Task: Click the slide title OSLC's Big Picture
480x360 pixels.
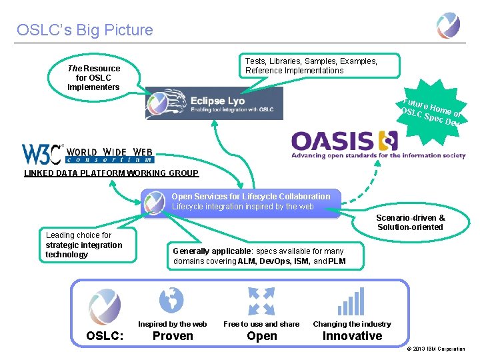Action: click(85, 30)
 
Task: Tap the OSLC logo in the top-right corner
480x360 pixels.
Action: click(448, 25)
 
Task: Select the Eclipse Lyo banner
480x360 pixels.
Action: click(214, 104)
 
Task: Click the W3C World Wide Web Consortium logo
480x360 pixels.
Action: click(87, 154)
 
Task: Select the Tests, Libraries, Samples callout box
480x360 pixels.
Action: click(322, 66)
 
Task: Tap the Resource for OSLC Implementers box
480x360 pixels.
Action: click(94, 78)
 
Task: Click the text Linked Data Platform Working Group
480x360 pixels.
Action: click(111, 173)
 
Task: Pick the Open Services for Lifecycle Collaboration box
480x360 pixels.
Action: click(241, 201)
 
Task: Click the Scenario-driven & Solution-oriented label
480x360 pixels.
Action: click(410, 223)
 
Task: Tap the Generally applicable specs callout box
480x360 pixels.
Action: click(265, 255)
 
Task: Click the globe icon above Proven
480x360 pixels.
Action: click(171, 299)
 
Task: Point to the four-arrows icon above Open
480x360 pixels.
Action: click(261, 301)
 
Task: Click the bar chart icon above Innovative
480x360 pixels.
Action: click(351, 301)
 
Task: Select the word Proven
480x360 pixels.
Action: click(173, 336)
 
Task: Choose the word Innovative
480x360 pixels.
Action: click(352, 336)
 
